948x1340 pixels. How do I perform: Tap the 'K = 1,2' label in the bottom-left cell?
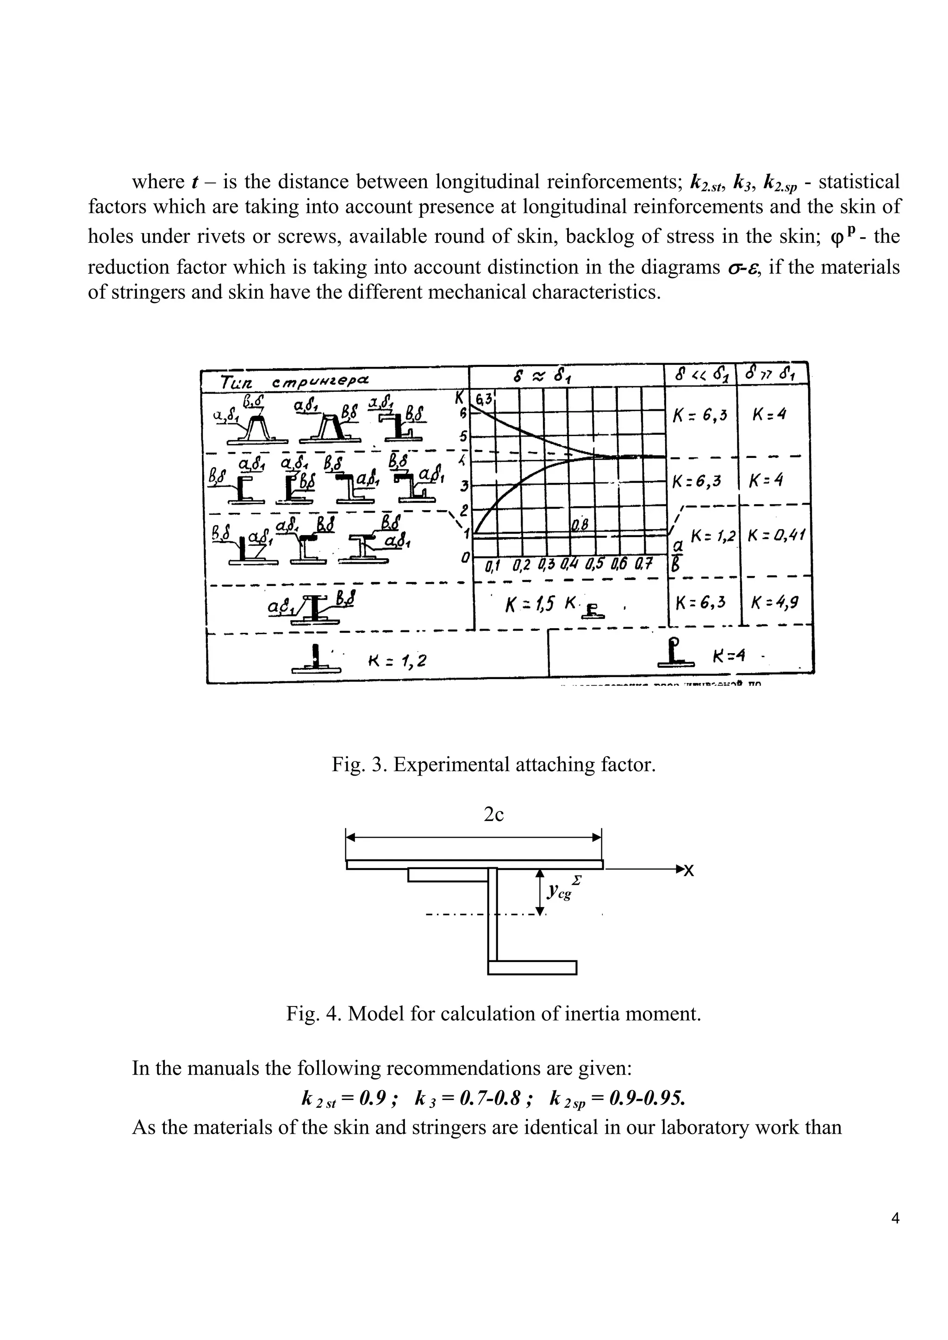pyautogui.click(x=397, y=661)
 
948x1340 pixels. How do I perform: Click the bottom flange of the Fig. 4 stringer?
pyautogui.click(x=531, y=967)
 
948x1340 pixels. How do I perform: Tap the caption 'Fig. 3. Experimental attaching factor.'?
pyautogui.click(x=493, y=764)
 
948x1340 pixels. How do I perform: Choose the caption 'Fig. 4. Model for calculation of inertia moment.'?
pyautogui.click(x=493, y=1014)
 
